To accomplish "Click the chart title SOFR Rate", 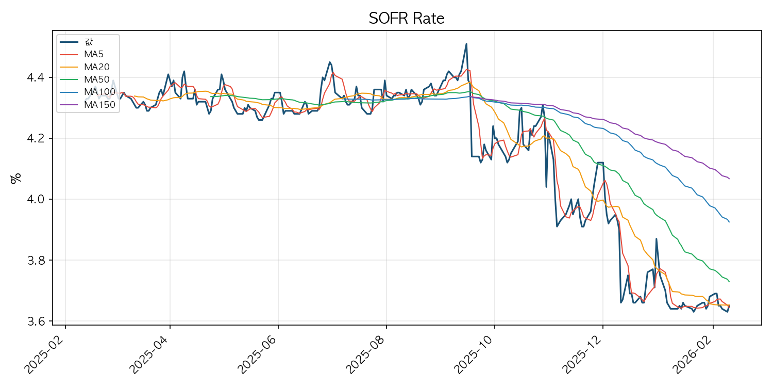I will [406, 19].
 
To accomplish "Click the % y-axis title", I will [16, 178].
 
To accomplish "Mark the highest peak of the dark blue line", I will [466, 44].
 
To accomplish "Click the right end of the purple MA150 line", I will [729, 179].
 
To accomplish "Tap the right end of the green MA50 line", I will [729, 282].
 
